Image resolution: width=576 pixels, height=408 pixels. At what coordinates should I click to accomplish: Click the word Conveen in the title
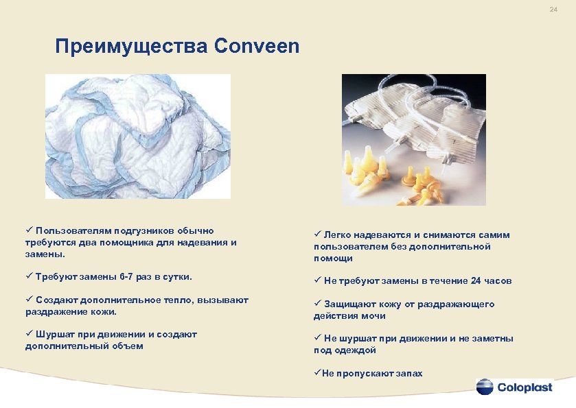coord(257,47)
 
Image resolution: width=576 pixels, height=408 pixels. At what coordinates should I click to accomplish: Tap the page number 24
coord(553,10)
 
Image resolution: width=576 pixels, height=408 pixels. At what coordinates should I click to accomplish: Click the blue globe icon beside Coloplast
coord(485,386)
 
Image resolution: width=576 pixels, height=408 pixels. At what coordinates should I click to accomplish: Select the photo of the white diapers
coord(137,136)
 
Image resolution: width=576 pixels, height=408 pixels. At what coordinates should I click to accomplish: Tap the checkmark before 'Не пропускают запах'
coord(316,373)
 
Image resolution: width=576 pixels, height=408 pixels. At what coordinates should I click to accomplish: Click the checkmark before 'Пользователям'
coord(29,230)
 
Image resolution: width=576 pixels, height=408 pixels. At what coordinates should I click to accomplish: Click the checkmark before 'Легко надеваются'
coord(316,235)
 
